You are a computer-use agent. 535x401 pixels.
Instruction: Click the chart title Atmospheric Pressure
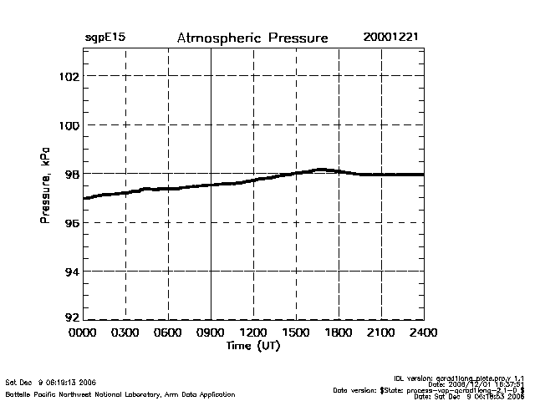pos(252,38)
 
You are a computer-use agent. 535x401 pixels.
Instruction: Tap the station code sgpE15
pos(105,38)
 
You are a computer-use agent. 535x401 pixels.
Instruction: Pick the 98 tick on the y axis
pos(70,174)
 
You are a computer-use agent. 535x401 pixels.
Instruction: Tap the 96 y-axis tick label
pos(70,223)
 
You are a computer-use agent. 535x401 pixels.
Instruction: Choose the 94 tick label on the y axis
pos(70,272)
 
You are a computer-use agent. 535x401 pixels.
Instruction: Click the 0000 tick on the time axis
pos(83,332)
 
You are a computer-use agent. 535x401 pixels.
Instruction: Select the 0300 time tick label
pos(125,332)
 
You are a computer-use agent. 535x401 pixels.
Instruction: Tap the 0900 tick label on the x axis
pos(211,332)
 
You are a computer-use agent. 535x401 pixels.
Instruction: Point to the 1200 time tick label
pos(253,332)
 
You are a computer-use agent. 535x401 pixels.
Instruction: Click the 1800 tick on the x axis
pos(339,332)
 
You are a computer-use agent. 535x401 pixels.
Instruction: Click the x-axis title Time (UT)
pos(252,345)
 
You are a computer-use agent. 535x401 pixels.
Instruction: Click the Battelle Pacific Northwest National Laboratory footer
pos(120,393)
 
